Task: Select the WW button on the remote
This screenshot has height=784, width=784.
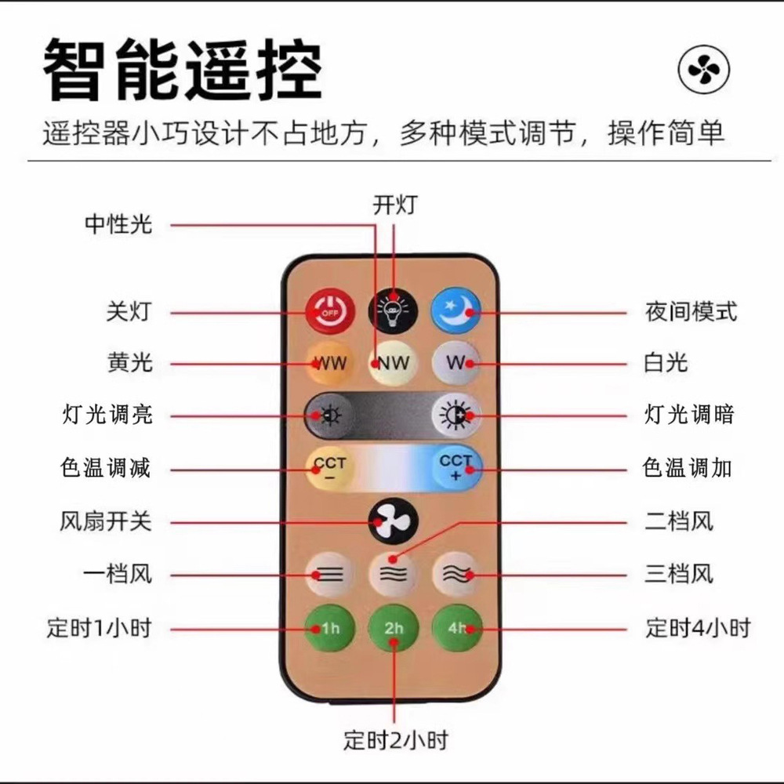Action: [330, 363]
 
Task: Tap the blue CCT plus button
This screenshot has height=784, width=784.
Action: [456, 468]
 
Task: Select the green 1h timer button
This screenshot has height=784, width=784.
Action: [330, 628]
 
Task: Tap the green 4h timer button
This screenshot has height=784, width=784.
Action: [456, 628]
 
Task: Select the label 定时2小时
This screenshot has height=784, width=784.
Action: [396, 739]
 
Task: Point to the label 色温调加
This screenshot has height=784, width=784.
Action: [688, 468]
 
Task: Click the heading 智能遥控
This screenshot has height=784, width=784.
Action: [182, 72]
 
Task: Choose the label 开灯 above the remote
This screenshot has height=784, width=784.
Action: [395, 205]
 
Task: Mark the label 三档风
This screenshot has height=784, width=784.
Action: [679, 575]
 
